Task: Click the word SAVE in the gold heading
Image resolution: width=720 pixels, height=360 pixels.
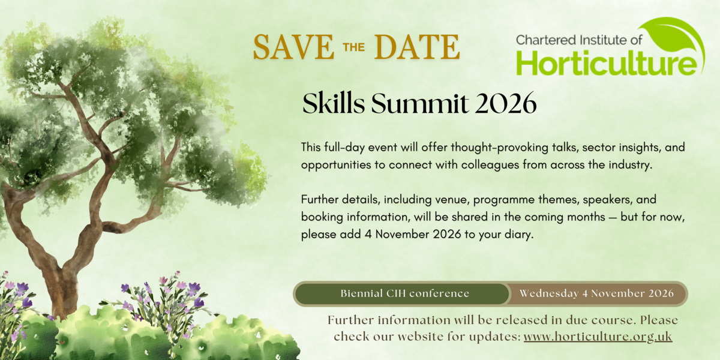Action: [294, 47]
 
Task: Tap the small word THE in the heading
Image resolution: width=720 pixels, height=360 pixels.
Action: [354, 47]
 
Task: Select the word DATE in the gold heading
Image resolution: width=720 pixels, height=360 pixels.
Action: [417, 47]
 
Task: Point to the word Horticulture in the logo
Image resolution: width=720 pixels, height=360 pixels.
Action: [606, 64]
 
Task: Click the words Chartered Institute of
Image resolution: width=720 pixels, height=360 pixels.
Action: [579, 40]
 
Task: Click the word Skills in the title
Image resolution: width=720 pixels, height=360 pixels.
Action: [334, 103]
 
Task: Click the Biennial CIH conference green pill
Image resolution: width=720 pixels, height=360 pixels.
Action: [402, 293]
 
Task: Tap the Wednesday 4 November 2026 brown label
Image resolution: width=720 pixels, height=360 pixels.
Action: [597, 293]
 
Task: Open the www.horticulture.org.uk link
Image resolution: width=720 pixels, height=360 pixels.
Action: [598, 337]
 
